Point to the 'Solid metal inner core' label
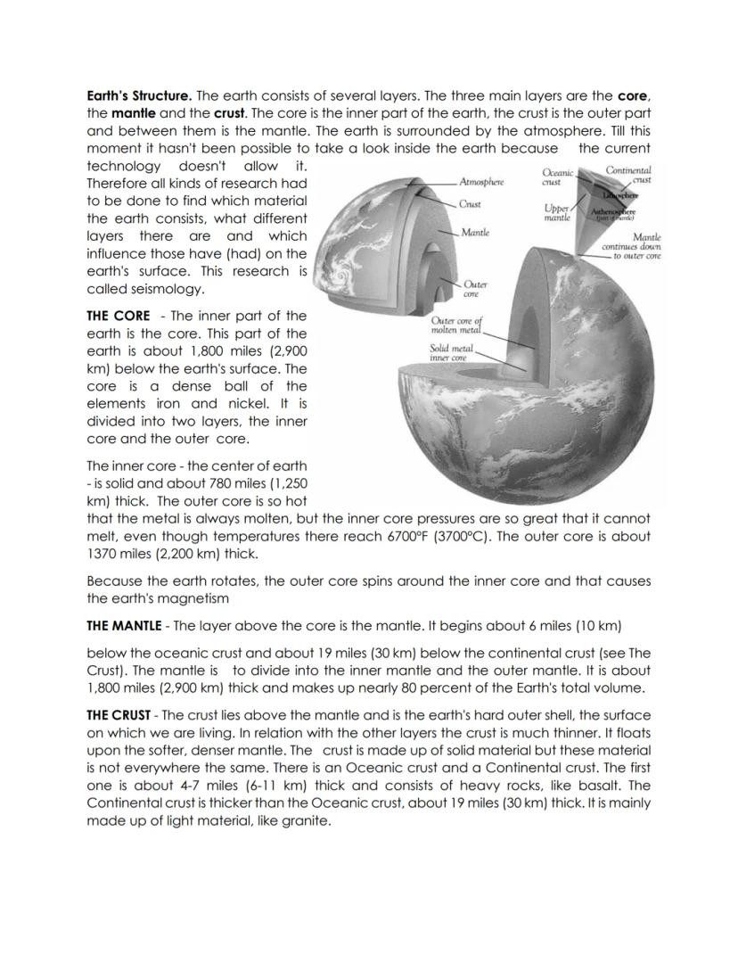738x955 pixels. pos(452,352)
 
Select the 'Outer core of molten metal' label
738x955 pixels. pos(455,325)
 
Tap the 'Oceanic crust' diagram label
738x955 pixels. pos(558,176)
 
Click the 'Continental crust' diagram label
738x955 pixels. pos(627,175)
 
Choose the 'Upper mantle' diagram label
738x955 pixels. pos(557,212)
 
